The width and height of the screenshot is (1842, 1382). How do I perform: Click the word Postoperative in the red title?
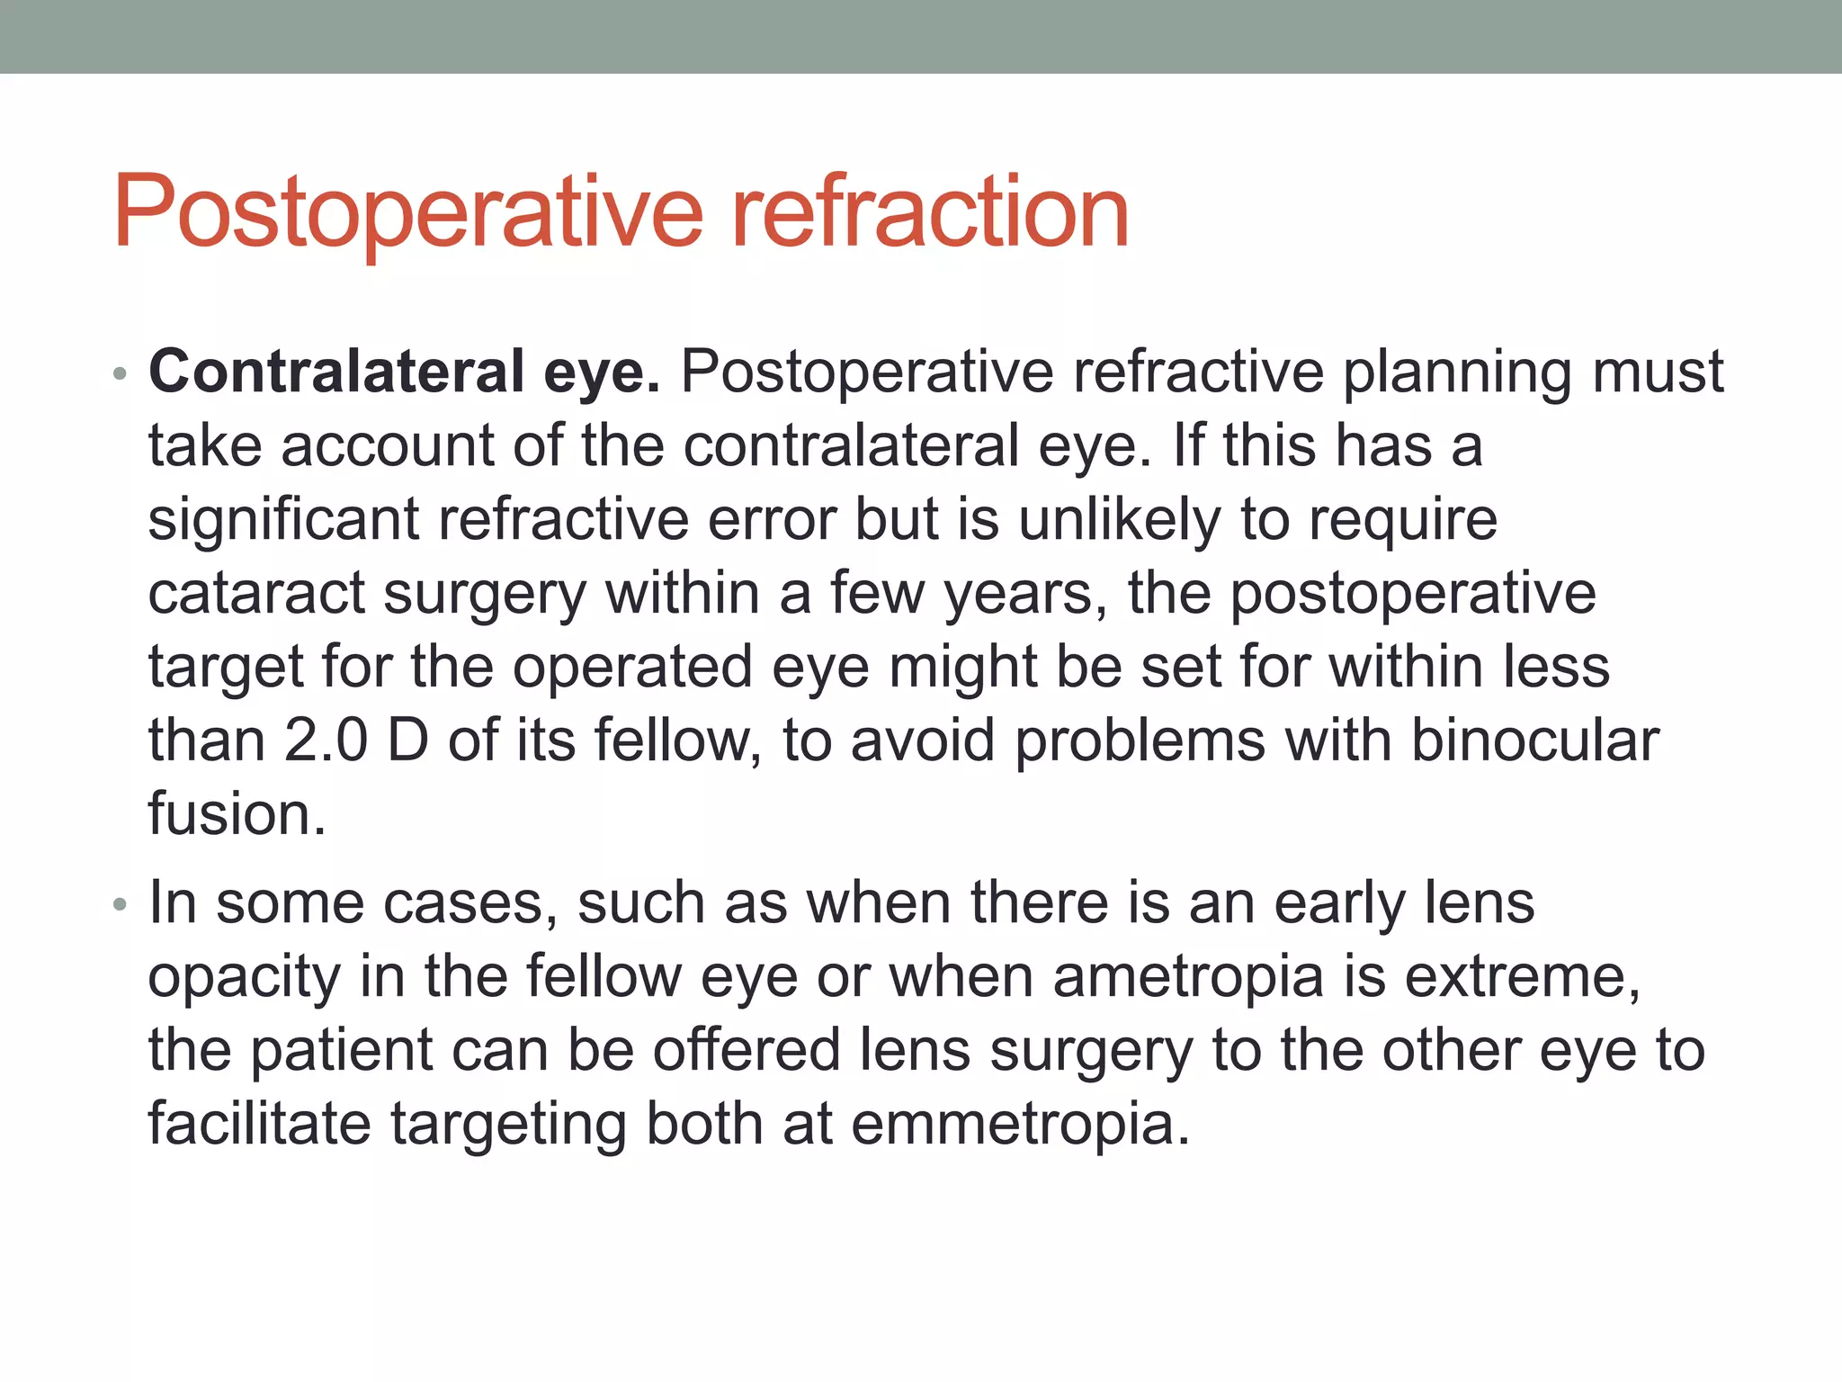407,213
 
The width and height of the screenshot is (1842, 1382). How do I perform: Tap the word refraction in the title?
930,213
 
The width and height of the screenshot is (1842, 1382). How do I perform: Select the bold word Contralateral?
336,371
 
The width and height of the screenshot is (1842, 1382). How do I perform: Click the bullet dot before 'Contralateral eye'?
121,373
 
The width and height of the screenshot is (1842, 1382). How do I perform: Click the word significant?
283,520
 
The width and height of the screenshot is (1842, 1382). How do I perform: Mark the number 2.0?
326,740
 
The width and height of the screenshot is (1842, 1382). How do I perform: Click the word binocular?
1534,740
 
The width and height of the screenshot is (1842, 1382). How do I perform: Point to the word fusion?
236,814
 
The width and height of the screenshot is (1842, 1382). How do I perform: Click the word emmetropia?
1019,1125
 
